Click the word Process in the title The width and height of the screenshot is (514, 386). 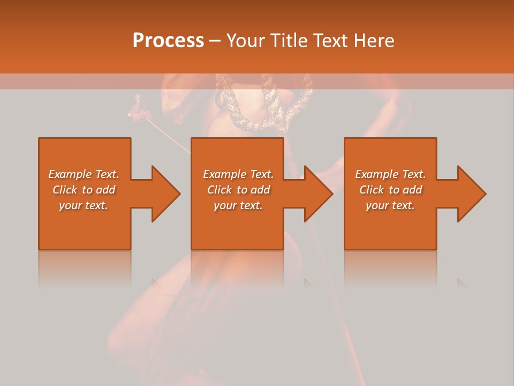[x=168, y=41]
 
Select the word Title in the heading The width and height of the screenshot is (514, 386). [x=289, y=41]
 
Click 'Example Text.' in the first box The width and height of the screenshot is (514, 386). [x=84, y=174]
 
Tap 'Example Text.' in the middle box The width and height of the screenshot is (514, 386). [x=238, y=174]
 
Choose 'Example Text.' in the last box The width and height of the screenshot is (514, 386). [x=390, y=174]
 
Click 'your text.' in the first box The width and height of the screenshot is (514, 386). [x=84, y=205]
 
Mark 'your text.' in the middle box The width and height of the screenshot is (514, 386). [x=238, y=205]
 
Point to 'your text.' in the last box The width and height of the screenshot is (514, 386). [x=390, y=205]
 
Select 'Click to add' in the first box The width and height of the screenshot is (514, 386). [x=84, y=190]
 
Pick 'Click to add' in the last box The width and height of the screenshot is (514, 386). [x=391, y=190]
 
